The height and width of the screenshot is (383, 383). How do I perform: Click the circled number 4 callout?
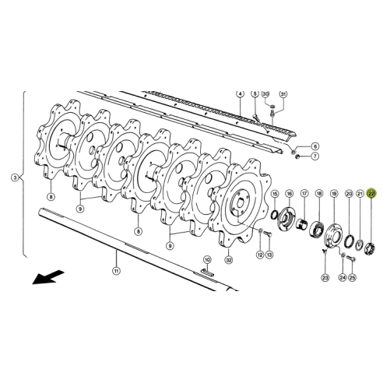coord(241,93)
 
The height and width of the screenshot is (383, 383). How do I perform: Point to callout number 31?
coord(283,93)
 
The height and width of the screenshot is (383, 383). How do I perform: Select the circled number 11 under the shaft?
coord(116,271)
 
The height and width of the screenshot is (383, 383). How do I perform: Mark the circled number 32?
coord(228,259)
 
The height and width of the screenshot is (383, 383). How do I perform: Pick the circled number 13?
coord(269,255)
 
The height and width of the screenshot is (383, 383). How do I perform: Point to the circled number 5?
coord(254,93)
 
